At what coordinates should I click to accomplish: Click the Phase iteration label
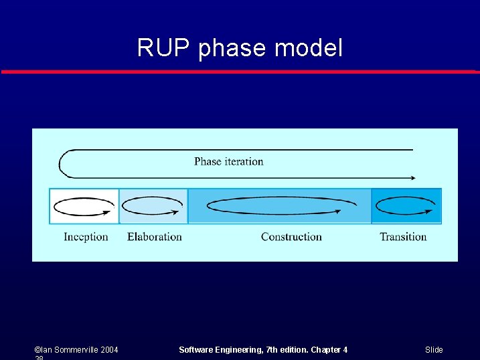coord(228,161)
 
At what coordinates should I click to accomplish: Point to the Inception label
coord(86,236)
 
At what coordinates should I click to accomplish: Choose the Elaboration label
coord(155,236)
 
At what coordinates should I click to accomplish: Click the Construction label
coord(291,236)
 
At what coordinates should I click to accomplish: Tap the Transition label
coord(403,236)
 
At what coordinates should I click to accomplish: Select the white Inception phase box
coord(84,206)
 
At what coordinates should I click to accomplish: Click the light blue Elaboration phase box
coord(154,206)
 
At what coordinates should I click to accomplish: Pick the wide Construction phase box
coord(280,206)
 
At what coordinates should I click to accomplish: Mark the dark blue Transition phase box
coord(407,206)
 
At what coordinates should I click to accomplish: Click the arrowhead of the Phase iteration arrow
coord(412,178)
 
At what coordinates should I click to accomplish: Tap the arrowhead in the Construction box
coord(337,211)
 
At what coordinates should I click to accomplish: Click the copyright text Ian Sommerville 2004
coord(76,350)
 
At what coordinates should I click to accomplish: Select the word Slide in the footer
coord(434,350)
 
